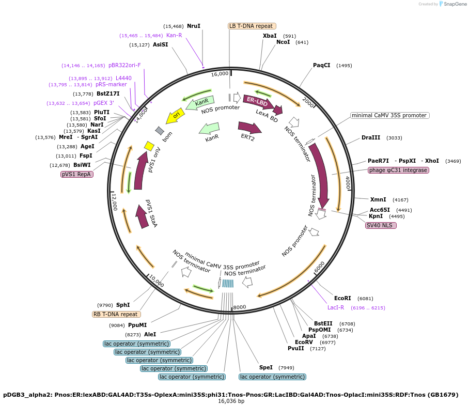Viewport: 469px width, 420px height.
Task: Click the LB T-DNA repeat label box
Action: pyautogui.click(x=252, y=26)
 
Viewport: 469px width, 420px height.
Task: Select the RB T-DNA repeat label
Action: pyautogui.click(x=116, y=314)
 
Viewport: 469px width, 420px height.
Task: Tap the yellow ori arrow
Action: pyautogui.click(x=175, y=116)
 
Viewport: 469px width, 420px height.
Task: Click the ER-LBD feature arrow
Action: pyautogui.click(x=258, y=102)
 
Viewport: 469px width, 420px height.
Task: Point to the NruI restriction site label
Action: pyautogui.click(x=194, y=26)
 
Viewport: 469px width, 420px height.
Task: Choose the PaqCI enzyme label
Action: pyautogui.click(x=322, y=65)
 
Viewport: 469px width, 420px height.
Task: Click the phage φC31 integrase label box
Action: pyautogui.click(x=398, y=170)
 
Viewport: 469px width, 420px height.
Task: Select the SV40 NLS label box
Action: pyautogui.click(x=381, y=225)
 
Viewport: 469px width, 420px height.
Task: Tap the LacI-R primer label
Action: pyautogui.click(x=336, y=307)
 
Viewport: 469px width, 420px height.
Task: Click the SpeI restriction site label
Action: pyautogui.click(x=266, y=367)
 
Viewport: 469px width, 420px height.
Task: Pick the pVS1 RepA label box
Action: pyautogui.click(x=77, y=174)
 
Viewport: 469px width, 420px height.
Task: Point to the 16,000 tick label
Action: pyautogui.click(x=220, y=74)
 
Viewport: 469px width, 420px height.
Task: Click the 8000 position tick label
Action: pyautogui.click(x=240, y=307)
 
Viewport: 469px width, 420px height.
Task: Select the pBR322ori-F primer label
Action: pyautogui.click(x=124, y=65)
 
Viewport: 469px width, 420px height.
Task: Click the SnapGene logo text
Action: pyautogui.click(x=455, y=4)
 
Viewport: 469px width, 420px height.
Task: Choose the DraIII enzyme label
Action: pyautogui.click(x=371, y=137)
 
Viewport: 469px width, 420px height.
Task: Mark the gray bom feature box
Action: pyautogui.click(x=160, y=130)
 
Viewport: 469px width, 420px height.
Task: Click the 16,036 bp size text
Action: pyautogui.click(x=231, y=401)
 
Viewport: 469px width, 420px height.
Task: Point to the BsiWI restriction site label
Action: pyautogui.click(x=82, y=165)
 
